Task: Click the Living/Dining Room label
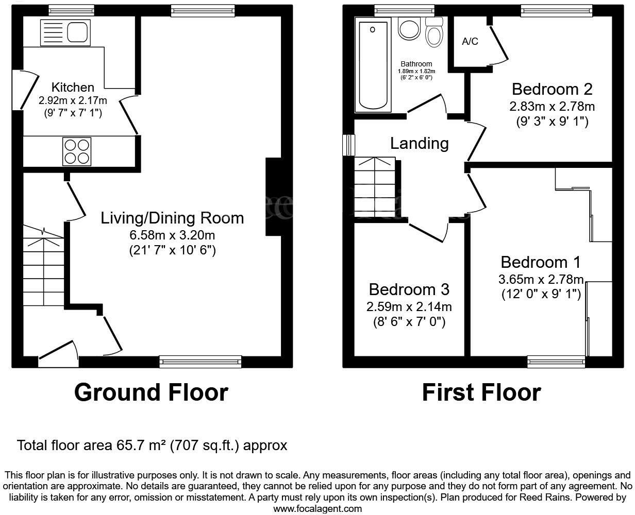172,218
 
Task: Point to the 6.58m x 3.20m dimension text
172,235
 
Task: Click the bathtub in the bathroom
373,64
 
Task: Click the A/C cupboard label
470,42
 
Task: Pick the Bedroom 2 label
552,89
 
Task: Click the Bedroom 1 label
541,262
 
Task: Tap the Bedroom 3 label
409,289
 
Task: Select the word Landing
419,143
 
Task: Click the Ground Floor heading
151,392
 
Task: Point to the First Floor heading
481,392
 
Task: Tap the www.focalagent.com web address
317,509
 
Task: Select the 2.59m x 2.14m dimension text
409,307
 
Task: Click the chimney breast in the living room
273,197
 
